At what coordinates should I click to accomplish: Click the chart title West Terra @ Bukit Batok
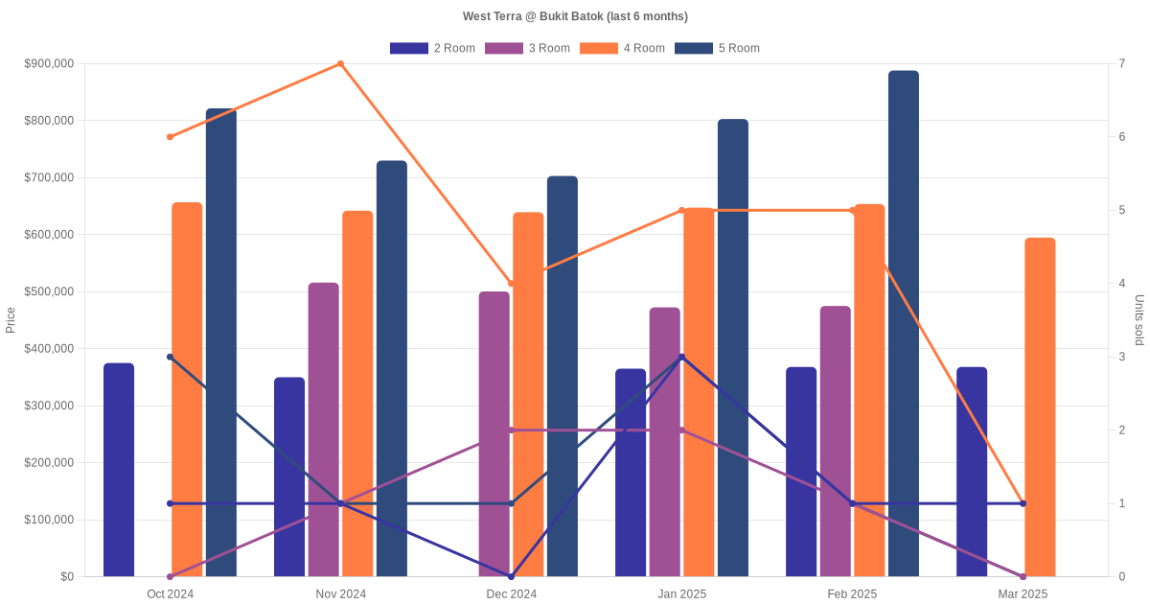[x=575, y=16]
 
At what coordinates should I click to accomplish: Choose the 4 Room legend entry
[x=623, y=48]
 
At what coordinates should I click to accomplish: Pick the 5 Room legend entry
[x=718, y=48]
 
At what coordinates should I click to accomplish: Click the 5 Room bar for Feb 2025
[x=904, y=324]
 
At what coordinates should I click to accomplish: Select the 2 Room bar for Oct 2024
[x=119, y=470]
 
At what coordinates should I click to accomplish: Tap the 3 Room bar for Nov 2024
[x=324, y=430]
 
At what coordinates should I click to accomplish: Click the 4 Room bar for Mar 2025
[x=1040, y=407]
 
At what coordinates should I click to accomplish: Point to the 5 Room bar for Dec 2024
[x=563, y=376]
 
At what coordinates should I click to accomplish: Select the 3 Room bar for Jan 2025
[x=665, y=442]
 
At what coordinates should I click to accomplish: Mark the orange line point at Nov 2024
[x=340, y=64]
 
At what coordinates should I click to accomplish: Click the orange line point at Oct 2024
[x=170, y=137]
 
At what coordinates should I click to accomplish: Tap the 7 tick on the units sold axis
[x=1121, y=64]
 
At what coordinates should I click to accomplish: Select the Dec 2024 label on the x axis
[x=511, y=594]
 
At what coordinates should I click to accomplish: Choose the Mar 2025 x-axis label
[x=1023, y=594]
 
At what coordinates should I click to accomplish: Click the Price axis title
[x=11, y=320]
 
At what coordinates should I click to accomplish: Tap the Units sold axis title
[x=1139, y=320]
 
